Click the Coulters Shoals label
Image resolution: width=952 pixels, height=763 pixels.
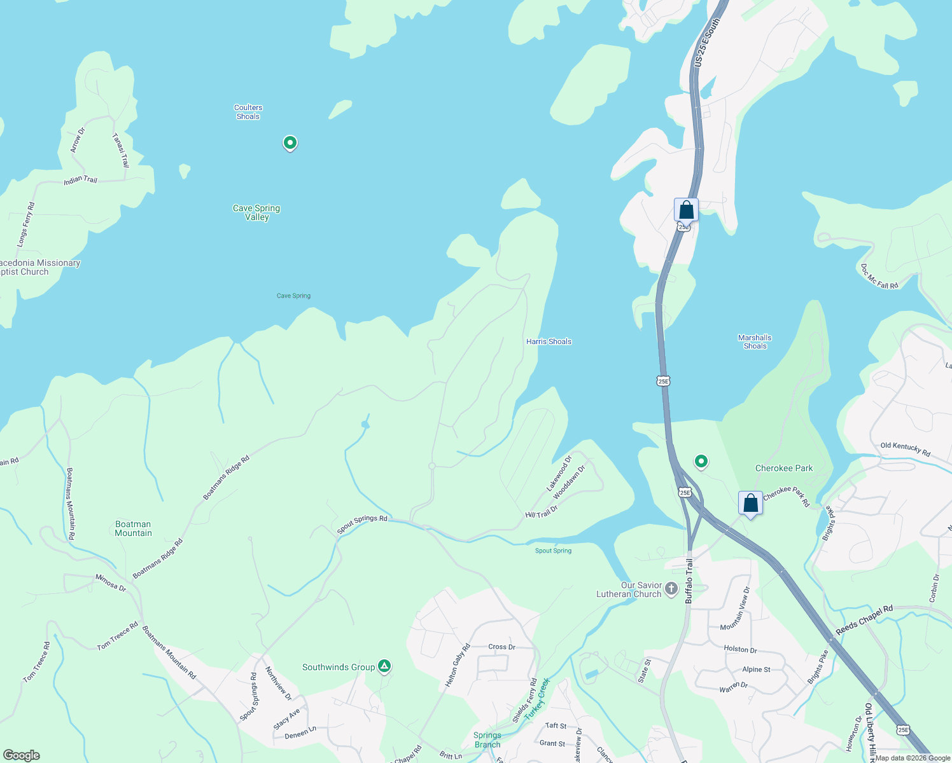[x=248, y=112]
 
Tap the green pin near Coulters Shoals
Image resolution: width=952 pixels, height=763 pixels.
[x=290, y=142]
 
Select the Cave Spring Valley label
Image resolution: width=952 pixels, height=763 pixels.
[x=256, y=212]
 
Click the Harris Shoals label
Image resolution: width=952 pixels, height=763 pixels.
[x=549, y=341]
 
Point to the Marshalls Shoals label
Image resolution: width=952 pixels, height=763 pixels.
[x=755, y=342]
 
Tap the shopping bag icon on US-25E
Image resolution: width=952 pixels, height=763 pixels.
[x=686, y=209]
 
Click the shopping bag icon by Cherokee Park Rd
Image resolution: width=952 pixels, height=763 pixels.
[x=751, y=503]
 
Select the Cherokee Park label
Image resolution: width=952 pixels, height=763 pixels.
[x=784, y=468]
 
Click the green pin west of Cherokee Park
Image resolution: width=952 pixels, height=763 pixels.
[x=701, y=460]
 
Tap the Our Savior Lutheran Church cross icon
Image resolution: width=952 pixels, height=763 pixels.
[x=671, y=589]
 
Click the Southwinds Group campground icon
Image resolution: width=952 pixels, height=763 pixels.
[x=384, y=666]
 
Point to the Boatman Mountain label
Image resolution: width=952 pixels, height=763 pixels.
[x=133, y=529]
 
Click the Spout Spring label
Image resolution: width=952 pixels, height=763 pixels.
[x=553, y=551]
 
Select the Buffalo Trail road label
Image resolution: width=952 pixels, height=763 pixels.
[x=689, y=581]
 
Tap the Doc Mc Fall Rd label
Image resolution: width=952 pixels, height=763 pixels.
[x=879, y=277]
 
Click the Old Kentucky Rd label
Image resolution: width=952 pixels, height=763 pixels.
[x=905, y=450]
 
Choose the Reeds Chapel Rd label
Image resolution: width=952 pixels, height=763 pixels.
[x=864, y=619]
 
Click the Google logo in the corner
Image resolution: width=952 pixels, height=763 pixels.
[x=21, y=755]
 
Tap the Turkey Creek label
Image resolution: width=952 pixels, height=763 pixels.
[x=537, y=698]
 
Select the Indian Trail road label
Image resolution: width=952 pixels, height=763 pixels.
[x=81, y=180]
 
